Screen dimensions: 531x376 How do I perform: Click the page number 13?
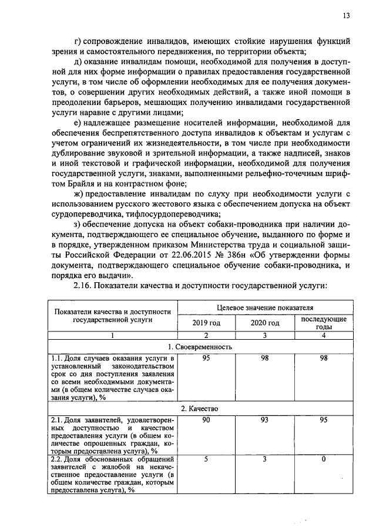pos(347,16)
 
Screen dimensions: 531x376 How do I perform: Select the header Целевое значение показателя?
pos(265,307)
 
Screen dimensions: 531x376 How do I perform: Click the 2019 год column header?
pos(206,323)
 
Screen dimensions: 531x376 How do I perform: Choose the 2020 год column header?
pos(265,323)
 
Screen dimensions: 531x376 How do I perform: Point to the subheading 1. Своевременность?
pos(200,347)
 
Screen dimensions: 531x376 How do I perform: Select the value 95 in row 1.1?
pos(206,358)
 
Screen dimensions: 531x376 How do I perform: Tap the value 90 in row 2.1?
pos(206,420)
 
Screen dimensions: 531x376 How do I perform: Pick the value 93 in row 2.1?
pos(265,420)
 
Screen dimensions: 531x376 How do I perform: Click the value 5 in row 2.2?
pos(206,459)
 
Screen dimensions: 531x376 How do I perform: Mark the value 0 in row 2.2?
pos(324,459)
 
